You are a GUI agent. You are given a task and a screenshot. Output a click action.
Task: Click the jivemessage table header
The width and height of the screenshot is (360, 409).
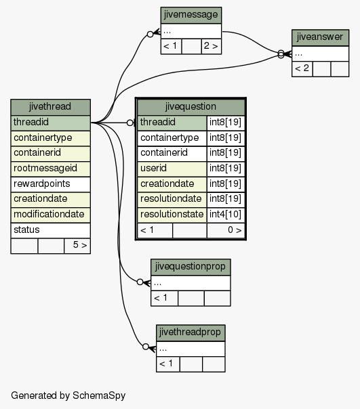point(191,15)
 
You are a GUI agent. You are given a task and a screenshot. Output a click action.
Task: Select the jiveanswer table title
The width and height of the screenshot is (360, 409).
point(320,37)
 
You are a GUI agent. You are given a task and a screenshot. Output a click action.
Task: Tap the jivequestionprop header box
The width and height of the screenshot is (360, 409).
point(191,267)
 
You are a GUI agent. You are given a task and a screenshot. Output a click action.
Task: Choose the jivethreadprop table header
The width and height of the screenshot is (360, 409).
point(191,333)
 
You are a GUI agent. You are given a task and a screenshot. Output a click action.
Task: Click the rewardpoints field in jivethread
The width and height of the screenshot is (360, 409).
point(50,184)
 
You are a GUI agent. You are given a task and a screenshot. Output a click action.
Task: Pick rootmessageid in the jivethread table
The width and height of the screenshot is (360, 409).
point(50,169)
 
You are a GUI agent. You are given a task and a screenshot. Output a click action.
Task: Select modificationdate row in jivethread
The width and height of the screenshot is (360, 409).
point(50,215)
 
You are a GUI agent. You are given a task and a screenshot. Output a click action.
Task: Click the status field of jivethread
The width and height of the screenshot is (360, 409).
point(50,230)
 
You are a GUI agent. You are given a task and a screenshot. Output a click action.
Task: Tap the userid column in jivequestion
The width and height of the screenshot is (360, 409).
point(172,169)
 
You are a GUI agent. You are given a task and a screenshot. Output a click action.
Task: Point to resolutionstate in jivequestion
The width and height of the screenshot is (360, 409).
point(172,215)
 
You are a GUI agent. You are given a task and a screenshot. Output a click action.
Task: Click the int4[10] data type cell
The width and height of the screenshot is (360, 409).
point(226,215)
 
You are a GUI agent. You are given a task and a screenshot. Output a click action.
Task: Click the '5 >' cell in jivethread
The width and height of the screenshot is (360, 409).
point(77,245)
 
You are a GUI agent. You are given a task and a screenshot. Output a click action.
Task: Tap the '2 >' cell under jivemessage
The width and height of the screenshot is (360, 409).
point(212,47)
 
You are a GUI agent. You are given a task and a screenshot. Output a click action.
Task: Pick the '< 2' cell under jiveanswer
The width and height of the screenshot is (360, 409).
point(302,69)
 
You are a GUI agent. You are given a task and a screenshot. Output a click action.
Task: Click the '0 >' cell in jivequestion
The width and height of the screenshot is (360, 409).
point(226,230)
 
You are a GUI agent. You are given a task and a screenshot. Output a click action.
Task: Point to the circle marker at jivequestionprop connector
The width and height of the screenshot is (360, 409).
point(140,282)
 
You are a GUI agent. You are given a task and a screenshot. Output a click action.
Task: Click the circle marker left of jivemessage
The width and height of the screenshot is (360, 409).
point(151,34)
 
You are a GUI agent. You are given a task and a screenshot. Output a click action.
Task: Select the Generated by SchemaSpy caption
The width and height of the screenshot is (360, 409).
point(68,395)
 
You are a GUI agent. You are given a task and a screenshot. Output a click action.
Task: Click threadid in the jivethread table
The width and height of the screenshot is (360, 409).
point(50,123)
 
